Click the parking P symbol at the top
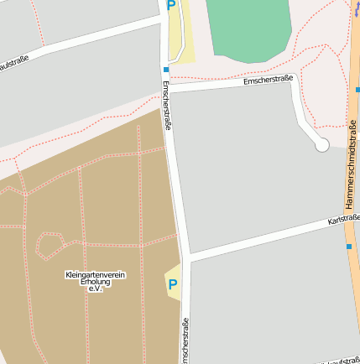171,7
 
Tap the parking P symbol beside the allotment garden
173,284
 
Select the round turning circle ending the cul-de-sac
321,145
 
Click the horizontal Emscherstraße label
268,80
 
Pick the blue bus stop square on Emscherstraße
166,70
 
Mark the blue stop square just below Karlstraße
349,247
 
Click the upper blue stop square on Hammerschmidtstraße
357,88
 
